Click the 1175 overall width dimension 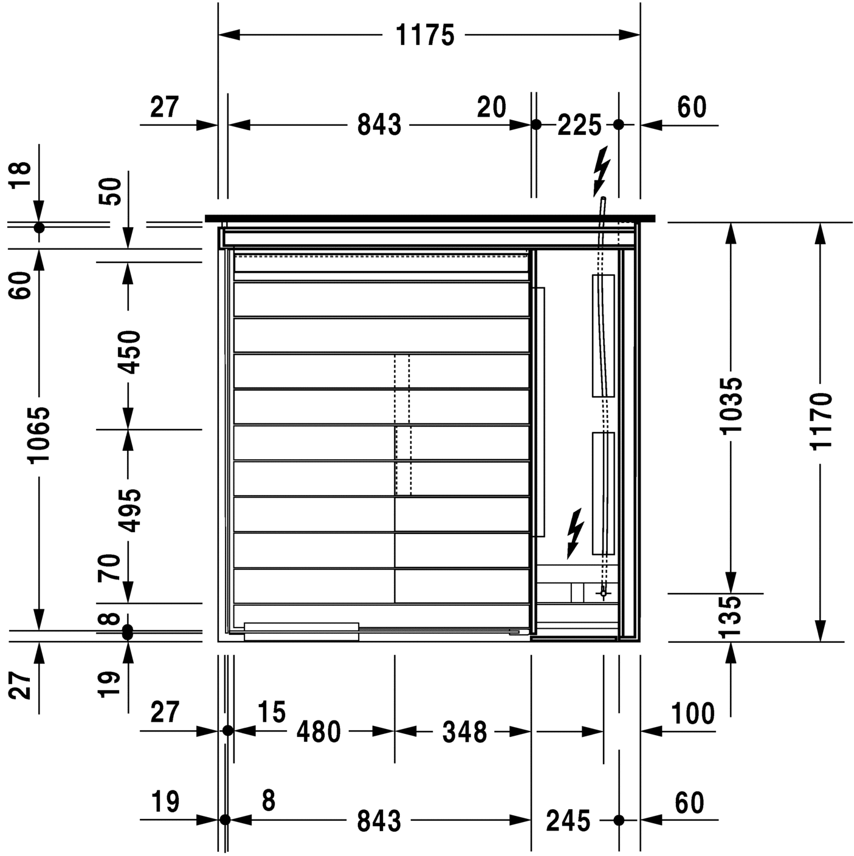(x=425, y=35)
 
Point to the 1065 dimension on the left (x=40, y=434)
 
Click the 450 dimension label (x=129, y=352)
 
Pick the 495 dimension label (x=129, y=510)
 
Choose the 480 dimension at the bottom (x=319, y=732)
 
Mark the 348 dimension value (x=464, y=732)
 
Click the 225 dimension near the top (x=579, y=125)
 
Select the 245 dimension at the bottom (x=568, y=821)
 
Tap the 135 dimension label (x=730, y=617)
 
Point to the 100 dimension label (x=693, y=713)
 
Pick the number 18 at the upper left (x=22, y=176)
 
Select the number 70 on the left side (x=111, y=568)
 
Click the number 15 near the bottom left (x=271, y=712)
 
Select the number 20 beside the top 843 (x=491, y=108)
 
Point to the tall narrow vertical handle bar (x=539, y=412)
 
